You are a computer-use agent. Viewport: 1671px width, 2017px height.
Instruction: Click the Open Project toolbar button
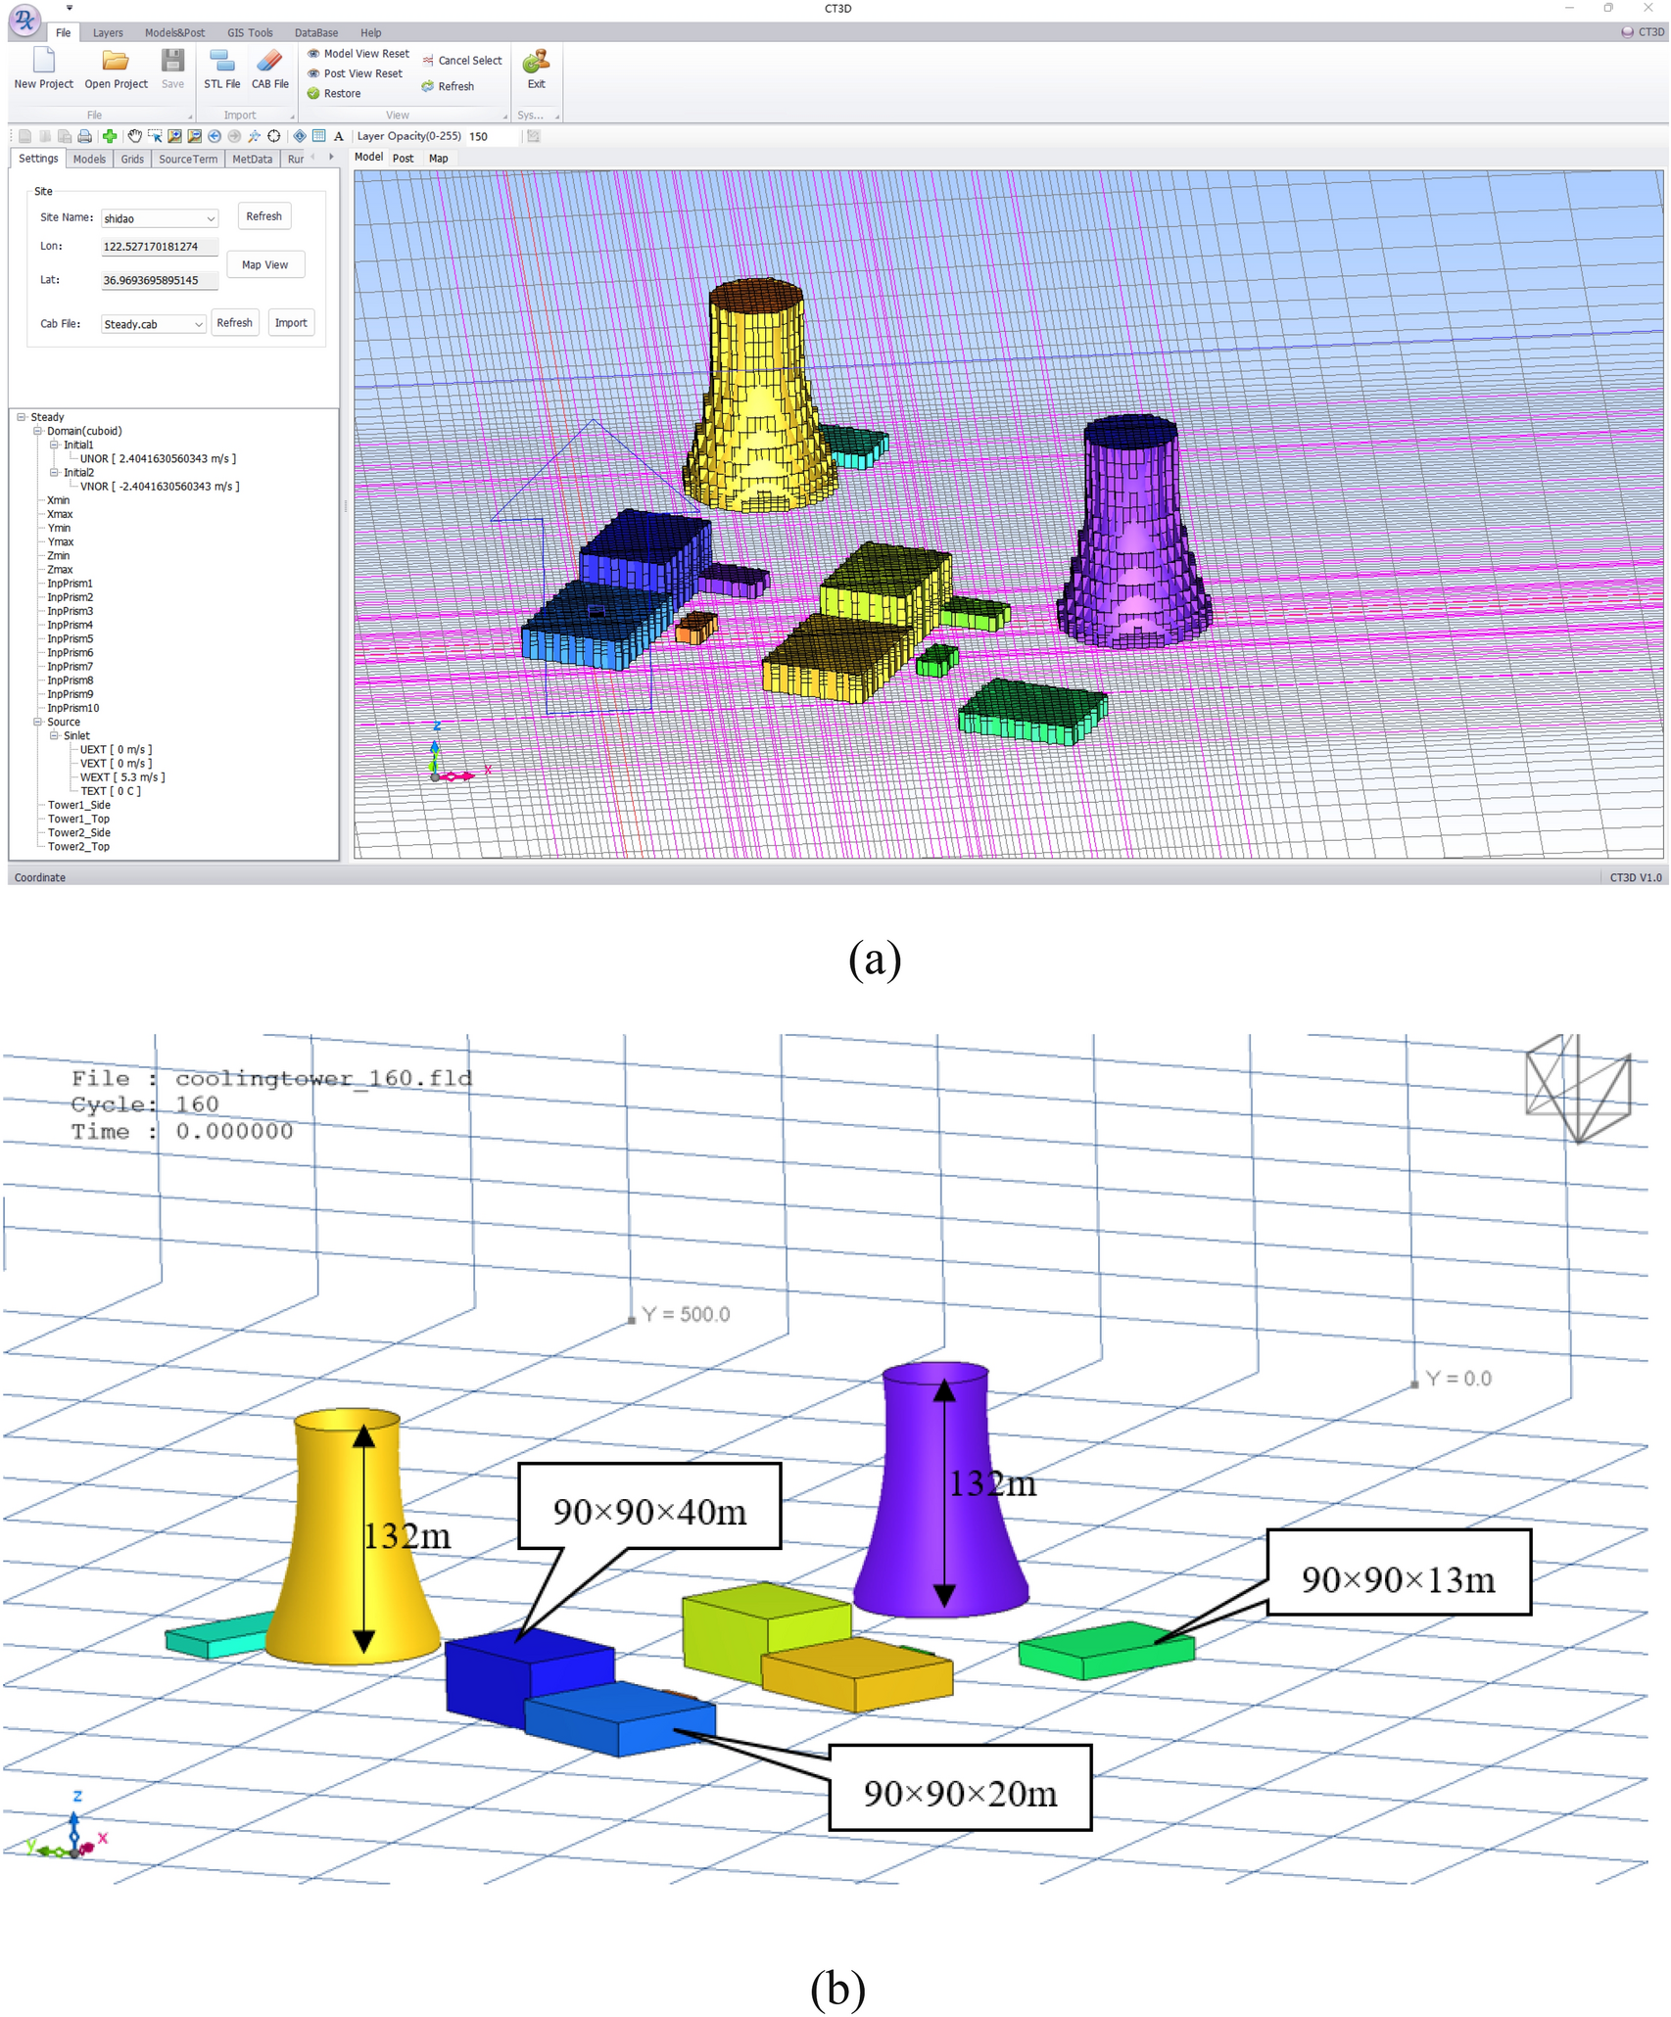tap(116, 69)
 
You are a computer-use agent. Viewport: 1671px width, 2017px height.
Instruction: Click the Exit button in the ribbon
tap(536, 69)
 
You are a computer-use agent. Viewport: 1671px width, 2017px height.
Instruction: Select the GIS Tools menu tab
tap(250, 32)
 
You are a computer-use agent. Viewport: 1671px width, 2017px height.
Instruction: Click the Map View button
tap(264, 264)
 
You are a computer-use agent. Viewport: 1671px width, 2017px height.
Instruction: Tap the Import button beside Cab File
tap(291, 323)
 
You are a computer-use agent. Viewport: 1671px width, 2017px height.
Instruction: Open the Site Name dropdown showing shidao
tap(159, 218)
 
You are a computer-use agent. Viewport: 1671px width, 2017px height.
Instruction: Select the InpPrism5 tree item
tap(71, 638)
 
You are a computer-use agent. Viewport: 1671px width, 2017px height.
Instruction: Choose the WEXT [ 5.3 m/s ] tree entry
tap(122, 777)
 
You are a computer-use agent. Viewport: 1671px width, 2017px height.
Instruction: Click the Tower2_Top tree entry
tap(78, 847)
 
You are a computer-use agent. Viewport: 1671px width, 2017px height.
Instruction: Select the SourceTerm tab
tap(188, 159)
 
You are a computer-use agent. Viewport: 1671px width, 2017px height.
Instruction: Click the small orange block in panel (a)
tap(696, 627)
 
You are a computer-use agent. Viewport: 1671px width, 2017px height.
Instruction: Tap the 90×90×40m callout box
tap(649, 1512)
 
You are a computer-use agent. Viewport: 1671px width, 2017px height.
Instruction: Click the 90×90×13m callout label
tap(1398, 1579)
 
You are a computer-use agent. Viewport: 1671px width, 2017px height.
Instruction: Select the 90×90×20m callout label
tap(960, 1794)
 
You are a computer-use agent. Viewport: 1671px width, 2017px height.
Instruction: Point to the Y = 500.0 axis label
tap(686, 1314)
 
